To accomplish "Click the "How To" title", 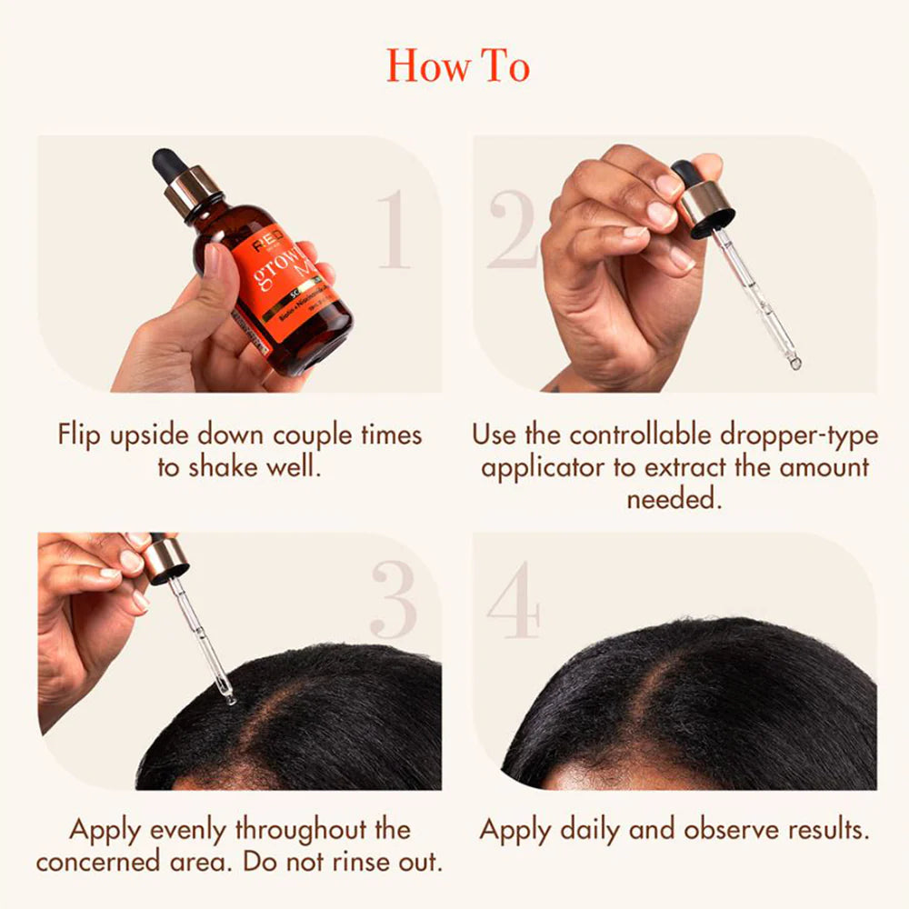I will (457, 65).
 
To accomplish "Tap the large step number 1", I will (394, 230).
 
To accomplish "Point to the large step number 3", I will (393, 601).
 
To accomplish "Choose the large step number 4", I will (514, 601).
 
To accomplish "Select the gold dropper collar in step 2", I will (704, 207).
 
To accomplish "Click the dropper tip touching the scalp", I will (229, 698).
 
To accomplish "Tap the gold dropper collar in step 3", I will (165, 559).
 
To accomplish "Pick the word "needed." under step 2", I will (674, 499).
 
